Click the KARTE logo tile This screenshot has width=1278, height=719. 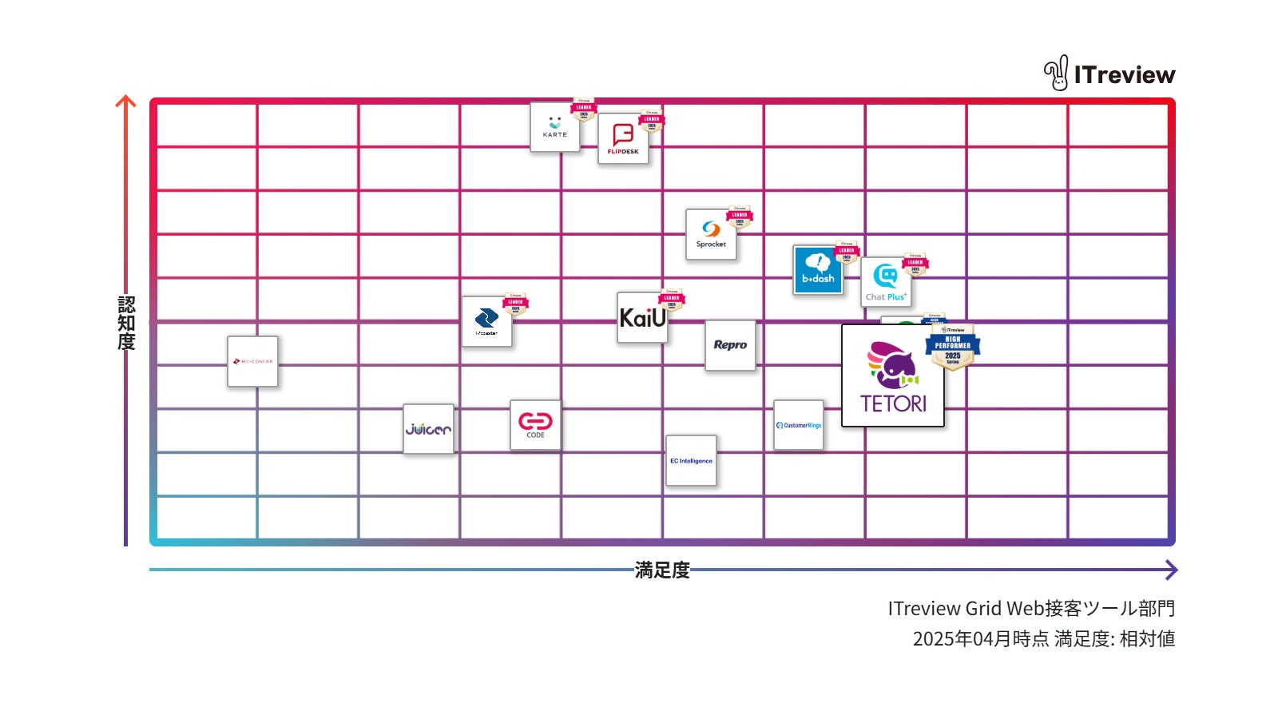click(554, 128)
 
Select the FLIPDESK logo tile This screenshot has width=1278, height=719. click(623, 139)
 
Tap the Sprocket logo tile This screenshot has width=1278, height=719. click(711, 235)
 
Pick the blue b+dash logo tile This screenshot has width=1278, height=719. click(818, 270)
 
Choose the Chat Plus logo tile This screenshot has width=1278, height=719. click(886, 282)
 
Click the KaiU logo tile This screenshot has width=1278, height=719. click(642, 318)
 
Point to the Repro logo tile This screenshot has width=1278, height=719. click(730, 345)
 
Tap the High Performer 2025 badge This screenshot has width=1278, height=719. click(953, 347)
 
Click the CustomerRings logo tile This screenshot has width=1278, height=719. click(799, 425)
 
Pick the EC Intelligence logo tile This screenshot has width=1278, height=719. click(691, 461)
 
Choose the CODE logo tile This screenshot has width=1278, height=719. click(535, 424)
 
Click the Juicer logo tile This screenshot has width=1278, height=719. click(428, 429)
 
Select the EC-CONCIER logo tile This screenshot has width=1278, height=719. click(252, 361)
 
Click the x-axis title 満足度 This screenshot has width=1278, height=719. click(662, 570)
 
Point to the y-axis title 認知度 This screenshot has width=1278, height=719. click(126, 323)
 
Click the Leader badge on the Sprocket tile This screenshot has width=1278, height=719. click(740, 216)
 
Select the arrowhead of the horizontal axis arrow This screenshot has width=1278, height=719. click(1172, 570)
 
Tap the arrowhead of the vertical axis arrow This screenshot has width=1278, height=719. click(126, 101)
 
